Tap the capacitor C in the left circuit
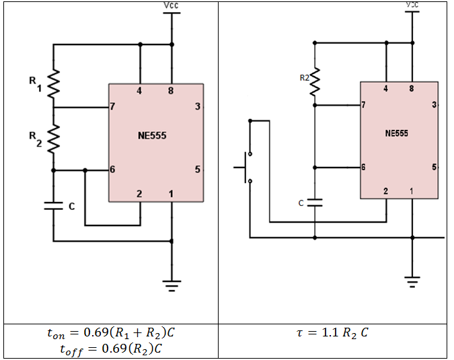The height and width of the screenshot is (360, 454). (53, 207)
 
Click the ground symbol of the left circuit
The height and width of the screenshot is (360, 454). (172, 287)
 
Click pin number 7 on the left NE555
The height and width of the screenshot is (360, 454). (113, 106)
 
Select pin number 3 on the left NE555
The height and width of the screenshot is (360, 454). (196, 106)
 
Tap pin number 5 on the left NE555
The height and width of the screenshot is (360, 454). (196, 170)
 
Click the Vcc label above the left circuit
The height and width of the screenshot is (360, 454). (172, 5)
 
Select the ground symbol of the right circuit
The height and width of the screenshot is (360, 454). (412, 281)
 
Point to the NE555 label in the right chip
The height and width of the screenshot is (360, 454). (396, 133)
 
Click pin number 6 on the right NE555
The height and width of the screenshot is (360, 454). (363, 168)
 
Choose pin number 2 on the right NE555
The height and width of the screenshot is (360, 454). (385, 192)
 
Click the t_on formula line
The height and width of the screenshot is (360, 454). (111, 332)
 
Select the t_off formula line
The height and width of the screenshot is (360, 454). (111, 349)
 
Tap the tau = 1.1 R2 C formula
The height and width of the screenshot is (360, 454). (334, 332)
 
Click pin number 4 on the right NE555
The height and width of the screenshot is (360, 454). (385, 89)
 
